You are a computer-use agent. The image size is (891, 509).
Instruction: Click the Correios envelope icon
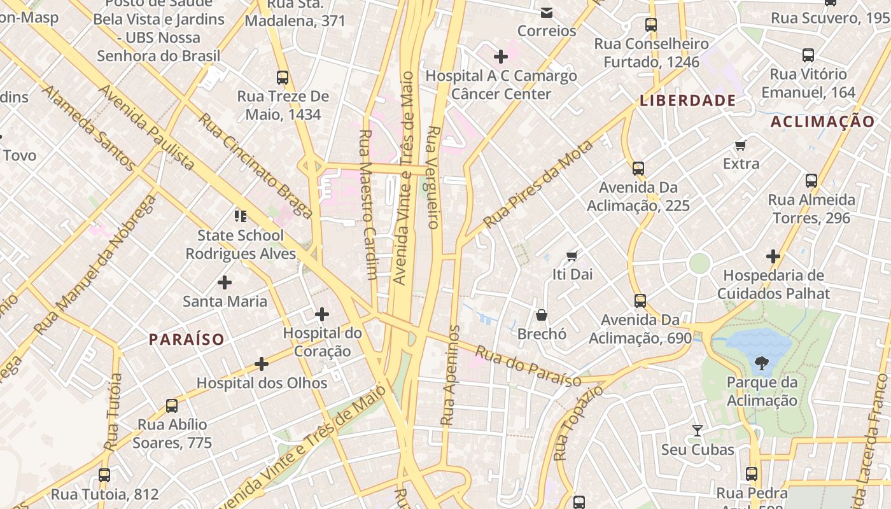(546, 12)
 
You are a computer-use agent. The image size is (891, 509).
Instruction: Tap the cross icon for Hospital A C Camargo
(501, 57)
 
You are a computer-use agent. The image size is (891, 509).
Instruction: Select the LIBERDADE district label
(687, 101)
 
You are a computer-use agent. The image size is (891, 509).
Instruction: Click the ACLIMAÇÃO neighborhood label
(822, 122)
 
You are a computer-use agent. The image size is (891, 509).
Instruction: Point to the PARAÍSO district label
(186, 339)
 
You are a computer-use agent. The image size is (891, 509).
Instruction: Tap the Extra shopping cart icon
(741, 146)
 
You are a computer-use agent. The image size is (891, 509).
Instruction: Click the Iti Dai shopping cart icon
(572, 256)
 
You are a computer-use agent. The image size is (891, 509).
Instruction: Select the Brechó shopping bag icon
(542, 315)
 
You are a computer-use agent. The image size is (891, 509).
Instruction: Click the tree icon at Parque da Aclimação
(761, 364)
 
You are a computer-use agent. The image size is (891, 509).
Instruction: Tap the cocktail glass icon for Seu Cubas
(698, 431)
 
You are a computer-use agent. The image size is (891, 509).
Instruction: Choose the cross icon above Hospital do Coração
(322, 314)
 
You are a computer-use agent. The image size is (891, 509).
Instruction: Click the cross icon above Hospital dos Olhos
(262, 364)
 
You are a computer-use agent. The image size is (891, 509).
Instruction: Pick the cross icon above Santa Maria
(225, 282)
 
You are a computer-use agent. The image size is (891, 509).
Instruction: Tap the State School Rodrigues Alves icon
(240, 216)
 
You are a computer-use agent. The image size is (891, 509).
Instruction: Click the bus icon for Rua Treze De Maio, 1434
(283, 78)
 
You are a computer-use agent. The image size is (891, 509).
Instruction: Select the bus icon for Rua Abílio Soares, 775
(172, 405)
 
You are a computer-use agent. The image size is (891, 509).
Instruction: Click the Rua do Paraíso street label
(528, 366)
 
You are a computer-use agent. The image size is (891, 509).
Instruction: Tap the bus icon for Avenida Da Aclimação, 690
(640, 300)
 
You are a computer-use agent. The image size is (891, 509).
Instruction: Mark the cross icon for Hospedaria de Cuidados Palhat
(773, 256)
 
